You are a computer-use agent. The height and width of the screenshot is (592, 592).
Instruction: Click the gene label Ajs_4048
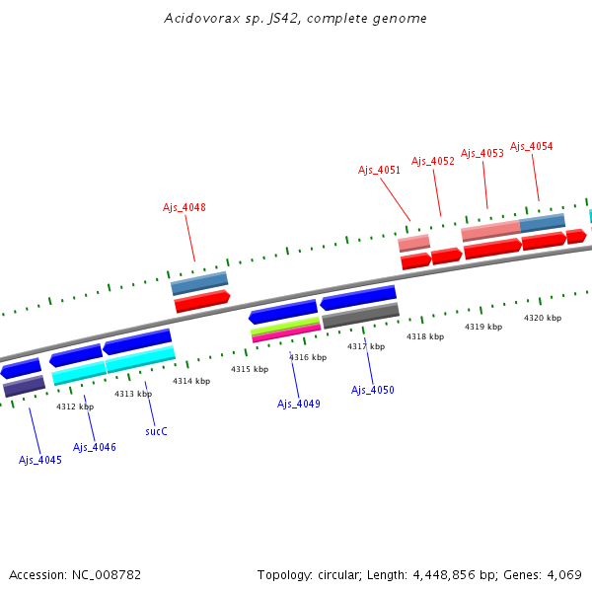click(x=185, y=207)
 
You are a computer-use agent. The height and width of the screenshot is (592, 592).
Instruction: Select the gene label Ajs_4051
click(x=379, y=170)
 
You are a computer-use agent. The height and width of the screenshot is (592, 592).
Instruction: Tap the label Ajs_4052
click(x=433, y=161)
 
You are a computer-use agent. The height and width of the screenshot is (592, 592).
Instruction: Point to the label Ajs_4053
click(x=482, y=153)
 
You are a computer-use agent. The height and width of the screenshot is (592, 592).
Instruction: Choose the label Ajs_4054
click(x=532, y=146)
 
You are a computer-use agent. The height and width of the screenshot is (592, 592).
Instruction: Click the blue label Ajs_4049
click(x=298, y=404)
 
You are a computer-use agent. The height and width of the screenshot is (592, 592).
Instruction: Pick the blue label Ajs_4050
click(x=373, y=390)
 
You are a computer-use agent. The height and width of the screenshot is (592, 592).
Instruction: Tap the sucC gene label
click(x=156, y=431)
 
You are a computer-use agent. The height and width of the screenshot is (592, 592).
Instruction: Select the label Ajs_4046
click(x=95, y=447)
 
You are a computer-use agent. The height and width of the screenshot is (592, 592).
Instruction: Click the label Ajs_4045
click(x=40, y=460)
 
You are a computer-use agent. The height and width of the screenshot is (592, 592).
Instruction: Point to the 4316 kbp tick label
click(x=308, y=357)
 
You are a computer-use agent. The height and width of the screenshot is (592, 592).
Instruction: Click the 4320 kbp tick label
click(x=542, y=318)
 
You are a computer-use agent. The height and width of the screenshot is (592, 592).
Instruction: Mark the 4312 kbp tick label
click(x=75, y=407)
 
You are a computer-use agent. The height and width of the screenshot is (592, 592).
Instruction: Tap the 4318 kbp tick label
click(x=424, y=336)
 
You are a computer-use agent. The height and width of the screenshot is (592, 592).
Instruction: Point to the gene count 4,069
click(x=562, y=574)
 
